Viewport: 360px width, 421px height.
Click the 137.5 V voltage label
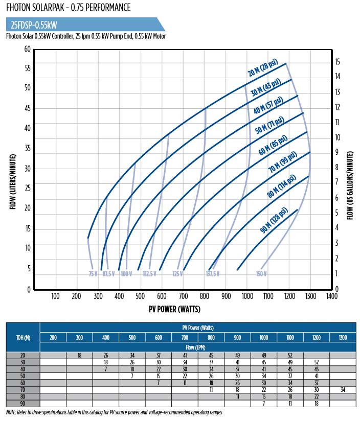(x=213, y=274)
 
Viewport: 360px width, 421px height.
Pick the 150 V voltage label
(x=261, y=274)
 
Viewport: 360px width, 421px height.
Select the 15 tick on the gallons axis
(x=338, y=61)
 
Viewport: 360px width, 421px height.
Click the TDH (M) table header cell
(x=22, y=337)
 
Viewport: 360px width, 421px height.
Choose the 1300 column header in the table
(x=343, y=337)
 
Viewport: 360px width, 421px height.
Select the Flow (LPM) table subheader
(x=198, y=347)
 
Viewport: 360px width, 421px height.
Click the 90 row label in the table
(x=22, y=404)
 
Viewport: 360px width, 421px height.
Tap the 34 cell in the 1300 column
(x=343, y=390)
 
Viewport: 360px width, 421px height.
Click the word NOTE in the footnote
(x=12, y=412)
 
